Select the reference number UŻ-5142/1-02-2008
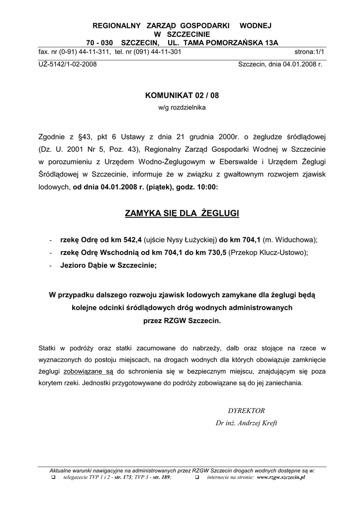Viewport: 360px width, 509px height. tap(68, 65)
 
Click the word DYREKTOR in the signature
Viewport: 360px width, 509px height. tap(246, 411)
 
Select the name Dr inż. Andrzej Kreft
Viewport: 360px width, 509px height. tap(246, 423)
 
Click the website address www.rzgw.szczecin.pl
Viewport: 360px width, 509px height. tap(281, 477)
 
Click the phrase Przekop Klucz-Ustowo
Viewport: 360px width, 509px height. tap(268, 253)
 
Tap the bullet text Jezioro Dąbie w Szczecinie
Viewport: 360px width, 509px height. tap(108, 265)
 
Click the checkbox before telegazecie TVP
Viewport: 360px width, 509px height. tap(53, 477)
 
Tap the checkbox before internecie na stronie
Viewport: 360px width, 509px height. tap(196, 477)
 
